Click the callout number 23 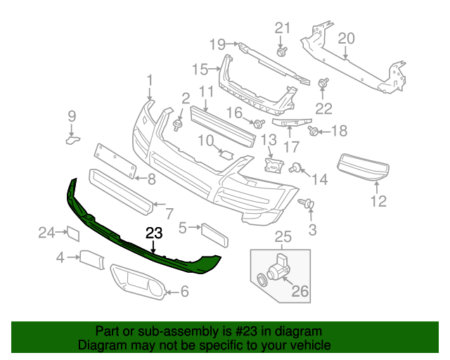pos(154,233)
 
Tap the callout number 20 pos(346,37)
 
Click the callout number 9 pos(71,116)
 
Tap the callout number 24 pos(46,232)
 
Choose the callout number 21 pos(282,28)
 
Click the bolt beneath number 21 pos(282,51)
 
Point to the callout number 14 pos(319,180)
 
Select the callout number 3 pos(312,229)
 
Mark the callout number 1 pos(149,80)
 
